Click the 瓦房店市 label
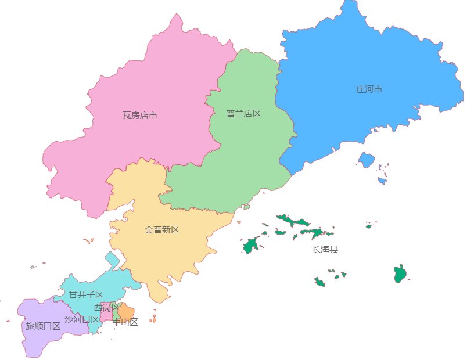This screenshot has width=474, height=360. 140,116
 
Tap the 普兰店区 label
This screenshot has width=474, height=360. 243,114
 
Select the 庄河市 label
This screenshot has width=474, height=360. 369,89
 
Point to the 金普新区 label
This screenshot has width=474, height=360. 162,230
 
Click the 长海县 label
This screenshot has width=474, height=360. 325,250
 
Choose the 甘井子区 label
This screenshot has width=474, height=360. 86,295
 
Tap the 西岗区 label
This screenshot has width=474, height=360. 106,307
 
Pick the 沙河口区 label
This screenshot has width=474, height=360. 81,320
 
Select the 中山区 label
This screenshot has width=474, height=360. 125,322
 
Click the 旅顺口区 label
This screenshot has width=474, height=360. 43,326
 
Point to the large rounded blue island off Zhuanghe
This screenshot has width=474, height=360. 366,159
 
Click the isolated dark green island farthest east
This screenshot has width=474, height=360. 400,273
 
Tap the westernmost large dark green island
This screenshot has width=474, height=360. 251,246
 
